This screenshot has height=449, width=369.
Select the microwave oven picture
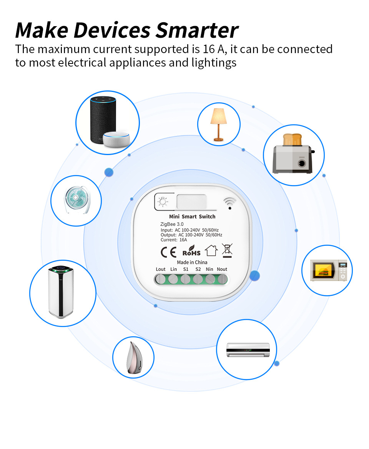pyautogui.click(x=329, y=270)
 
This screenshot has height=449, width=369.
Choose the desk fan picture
pyautogui.click(x=76, y=200)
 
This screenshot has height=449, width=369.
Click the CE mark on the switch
pyautogui.click(x=168, y=252)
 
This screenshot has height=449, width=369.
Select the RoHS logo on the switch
pyautogui.click(x=191, y=252)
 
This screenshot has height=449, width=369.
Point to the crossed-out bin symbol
pyautogui.click(x=227, y=250)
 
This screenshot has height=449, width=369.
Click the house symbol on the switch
pyautogui.click(x=211, y=251)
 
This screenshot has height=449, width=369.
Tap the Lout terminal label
pyautogui.click(x=161, y=269)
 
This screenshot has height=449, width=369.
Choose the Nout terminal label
pyautogui.click(x=222, y=269)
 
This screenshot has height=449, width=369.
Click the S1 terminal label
pyautogui.click(x=186, y=269)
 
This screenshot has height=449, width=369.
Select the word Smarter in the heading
pyautogui.click(x=196, y=30)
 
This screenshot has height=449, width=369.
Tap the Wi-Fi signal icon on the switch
pyautogui.click(x=229, y=203)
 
